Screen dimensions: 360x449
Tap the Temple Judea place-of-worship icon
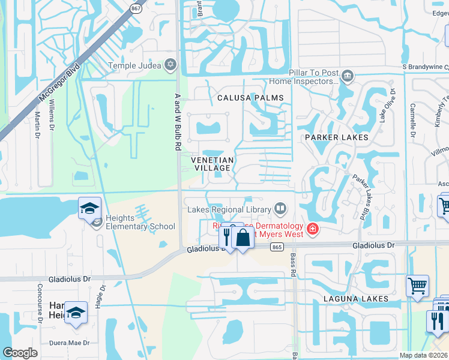[x=170, y=65]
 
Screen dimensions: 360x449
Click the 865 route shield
[x=276, y=247]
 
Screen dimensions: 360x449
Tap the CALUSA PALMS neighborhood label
[x=246, y=97]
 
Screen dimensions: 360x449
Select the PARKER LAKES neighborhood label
[x=336, y=137]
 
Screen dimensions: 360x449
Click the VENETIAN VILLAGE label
[x=212, y=164]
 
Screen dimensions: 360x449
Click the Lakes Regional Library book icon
[x=280, y=209]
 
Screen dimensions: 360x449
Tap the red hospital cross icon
[x=312, y=229]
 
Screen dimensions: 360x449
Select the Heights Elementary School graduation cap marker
[x=89, y=209]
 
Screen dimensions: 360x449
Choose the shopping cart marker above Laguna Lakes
[x=417, y=286]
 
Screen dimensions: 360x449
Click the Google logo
[x=20, y=353]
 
